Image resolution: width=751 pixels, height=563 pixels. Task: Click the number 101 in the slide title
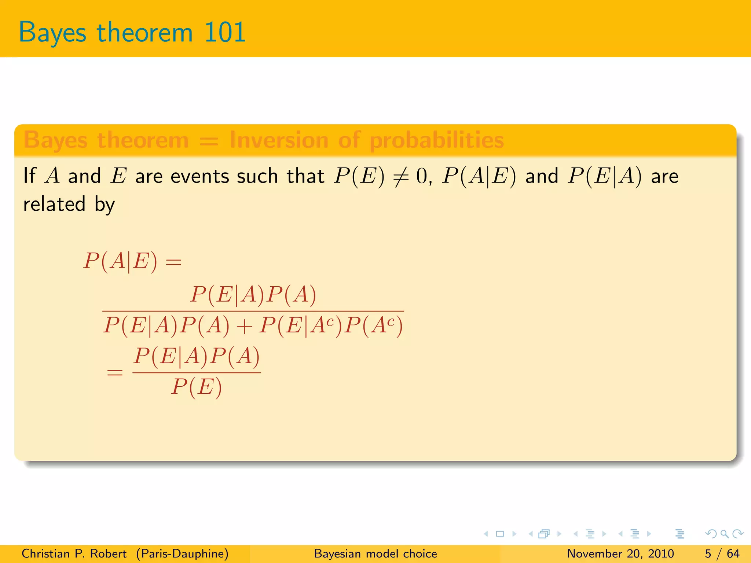(224, 32)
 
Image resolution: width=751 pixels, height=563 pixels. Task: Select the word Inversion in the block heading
(279, 140)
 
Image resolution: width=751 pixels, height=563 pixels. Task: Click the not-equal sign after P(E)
(400, 177)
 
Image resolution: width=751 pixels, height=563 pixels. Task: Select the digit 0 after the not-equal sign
(421, 176)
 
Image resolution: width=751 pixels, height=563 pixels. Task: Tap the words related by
(69, 205)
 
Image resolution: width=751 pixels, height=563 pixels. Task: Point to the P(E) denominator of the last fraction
(197, 387)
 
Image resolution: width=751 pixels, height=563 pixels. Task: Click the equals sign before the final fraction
(114, 373)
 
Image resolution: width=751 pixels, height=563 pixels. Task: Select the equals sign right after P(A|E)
(173, 262)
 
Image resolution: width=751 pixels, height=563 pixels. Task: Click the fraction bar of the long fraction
(253, 311)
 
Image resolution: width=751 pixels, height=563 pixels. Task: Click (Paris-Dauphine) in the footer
(182, 553)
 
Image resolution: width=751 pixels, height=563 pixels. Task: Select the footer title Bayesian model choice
(375, 553)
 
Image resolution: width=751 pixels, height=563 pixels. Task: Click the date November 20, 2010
(620, 553)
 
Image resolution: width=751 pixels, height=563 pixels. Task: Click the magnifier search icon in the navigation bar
(724, 534)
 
